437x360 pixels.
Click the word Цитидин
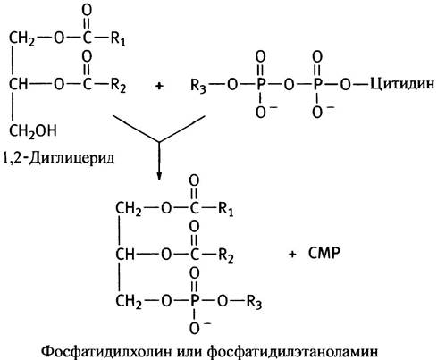(402, 84)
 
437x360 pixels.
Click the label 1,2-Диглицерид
(58, 157)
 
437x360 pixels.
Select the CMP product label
(324, 254)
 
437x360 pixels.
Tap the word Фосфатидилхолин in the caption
(106, 351)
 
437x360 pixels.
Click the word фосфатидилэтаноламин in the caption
(292, 351)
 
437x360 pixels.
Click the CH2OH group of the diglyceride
(33, 131)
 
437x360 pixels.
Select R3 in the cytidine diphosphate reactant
(198, 86)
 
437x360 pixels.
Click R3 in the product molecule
(254, 302)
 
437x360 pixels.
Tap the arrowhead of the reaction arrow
(159, 176)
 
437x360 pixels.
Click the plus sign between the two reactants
(159, 86)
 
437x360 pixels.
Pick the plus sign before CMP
(292, 254)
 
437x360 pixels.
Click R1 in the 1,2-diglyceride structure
(118, 38)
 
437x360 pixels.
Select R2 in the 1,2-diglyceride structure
(118, 86)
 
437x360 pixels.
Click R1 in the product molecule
(225, 208)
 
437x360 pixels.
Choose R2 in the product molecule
(225, 255)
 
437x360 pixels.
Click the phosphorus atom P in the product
(194, 301)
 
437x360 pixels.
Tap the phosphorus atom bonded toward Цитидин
(317, 85)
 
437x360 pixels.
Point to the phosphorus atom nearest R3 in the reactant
(260, 85)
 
